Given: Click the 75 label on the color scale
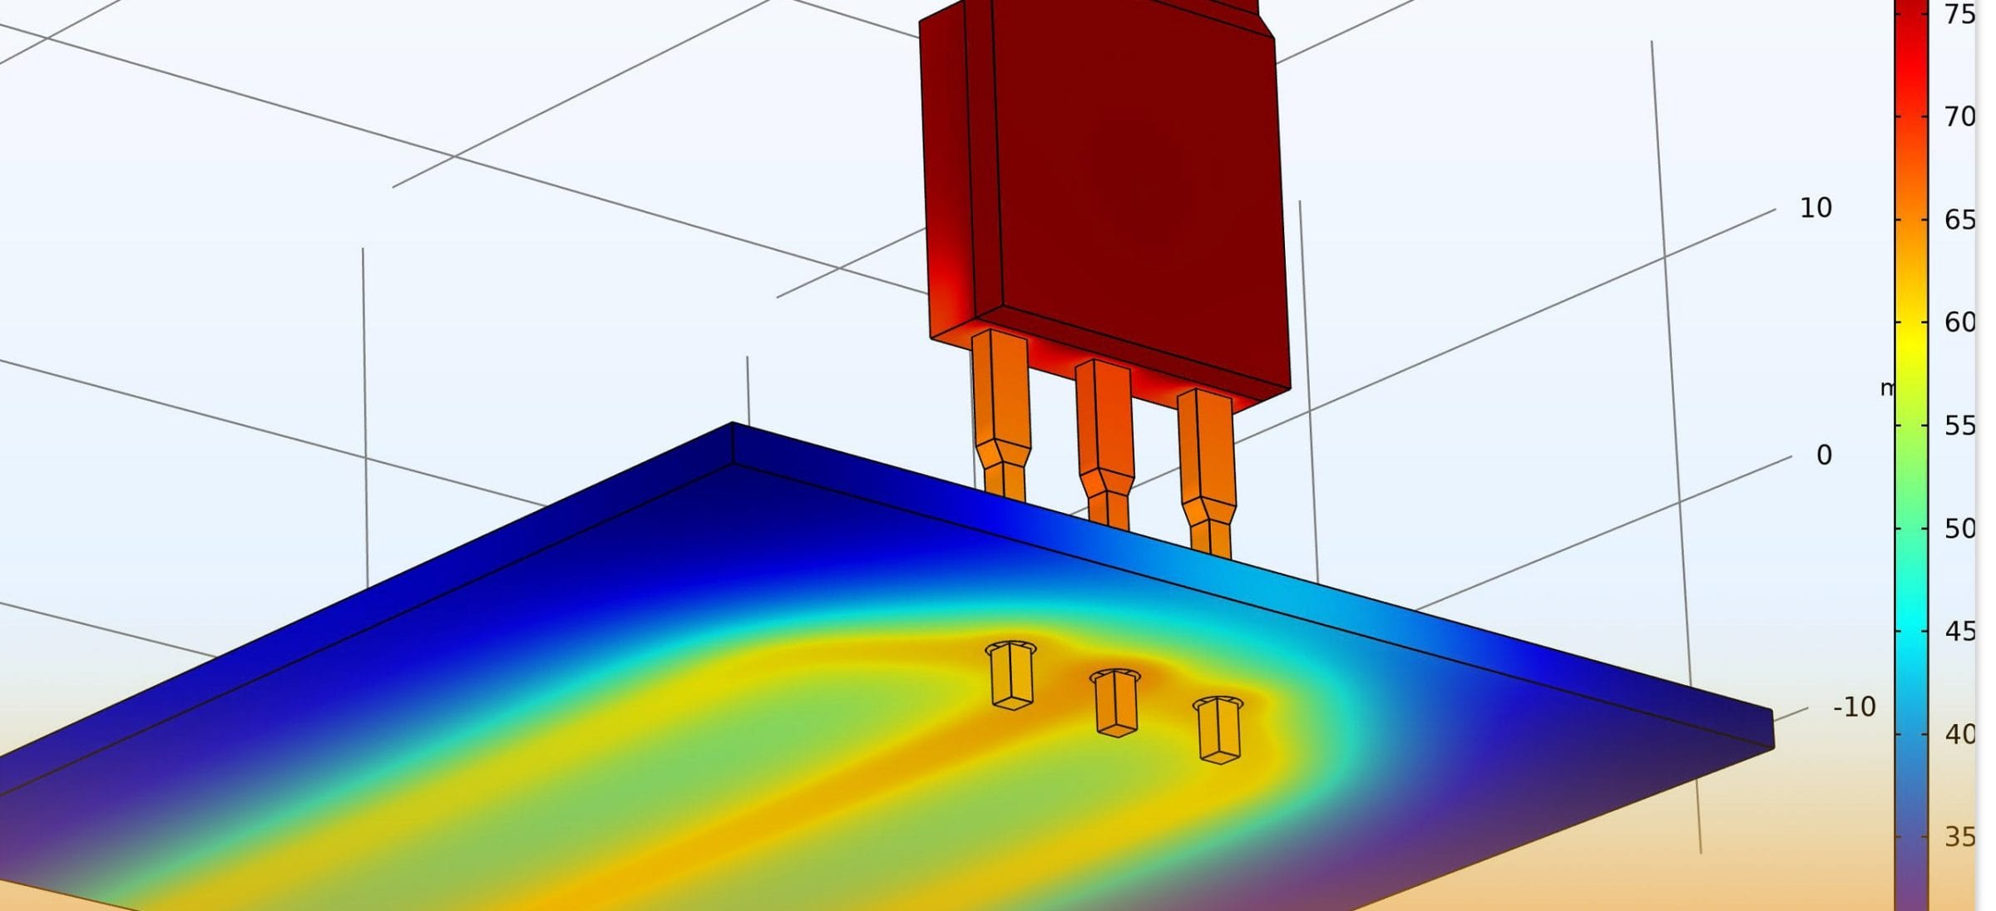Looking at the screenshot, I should pos(1959,14).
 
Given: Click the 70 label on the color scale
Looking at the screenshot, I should pos(1959,116).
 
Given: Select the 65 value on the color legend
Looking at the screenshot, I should pos(1959,219).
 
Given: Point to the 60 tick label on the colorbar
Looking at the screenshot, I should pos(1959,323).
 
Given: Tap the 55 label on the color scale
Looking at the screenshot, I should pos(1959,426).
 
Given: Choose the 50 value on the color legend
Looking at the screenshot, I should pos(1959,529).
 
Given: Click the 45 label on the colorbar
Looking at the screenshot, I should pos(1959,632).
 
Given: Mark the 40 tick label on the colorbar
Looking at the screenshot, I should pos(1959,734).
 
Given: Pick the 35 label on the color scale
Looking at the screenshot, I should pos(1959,837).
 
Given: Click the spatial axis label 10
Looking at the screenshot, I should pos(1816,208).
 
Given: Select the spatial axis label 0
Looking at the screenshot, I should pos(1824,456).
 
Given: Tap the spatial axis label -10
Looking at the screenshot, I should pos(1854,707).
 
